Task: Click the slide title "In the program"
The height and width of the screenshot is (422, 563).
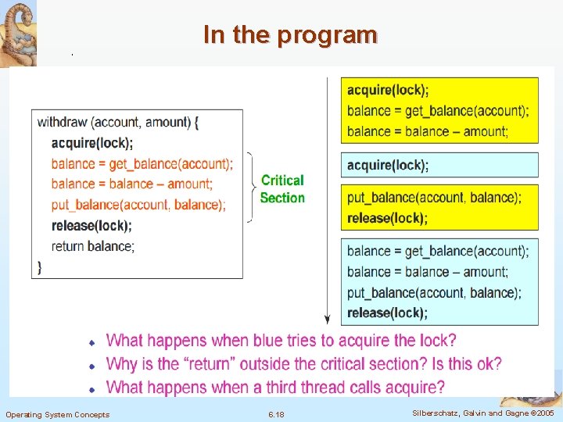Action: [x=290, y=35]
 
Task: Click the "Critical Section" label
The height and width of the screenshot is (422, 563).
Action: [x=282, y=189]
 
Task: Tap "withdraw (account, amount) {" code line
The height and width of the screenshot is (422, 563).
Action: [x=118, y=122]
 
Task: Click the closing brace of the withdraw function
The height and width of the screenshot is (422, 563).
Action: [x=40, y=266]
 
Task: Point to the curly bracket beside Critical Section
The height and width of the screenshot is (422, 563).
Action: [x=250, y=188]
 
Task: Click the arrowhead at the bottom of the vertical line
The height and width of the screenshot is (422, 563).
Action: [x=328, y=319]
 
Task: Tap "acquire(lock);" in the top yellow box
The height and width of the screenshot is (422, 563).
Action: [x=388, y=91]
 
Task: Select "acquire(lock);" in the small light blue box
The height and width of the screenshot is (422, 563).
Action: [x=388, y=165]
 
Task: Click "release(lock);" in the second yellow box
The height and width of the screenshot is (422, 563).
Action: [x=387, y=218]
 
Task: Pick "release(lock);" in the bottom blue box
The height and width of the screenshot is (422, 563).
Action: [x=387, y=313]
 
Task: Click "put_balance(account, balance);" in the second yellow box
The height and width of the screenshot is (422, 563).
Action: [x=434, y=197]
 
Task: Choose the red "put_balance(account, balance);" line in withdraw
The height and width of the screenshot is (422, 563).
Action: [x=138, y=205]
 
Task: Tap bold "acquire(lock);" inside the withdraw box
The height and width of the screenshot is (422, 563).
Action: [x=92, y=143]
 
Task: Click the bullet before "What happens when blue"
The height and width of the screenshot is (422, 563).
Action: [x=91, y=342]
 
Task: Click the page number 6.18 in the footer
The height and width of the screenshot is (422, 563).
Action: [x=276, y=414]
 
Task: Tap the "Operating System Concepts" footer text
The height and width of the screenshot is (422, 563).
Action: [x=58, y=414]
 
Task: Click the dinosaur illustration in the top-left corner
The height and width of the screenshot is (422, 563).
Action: [x=19, y=31]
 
